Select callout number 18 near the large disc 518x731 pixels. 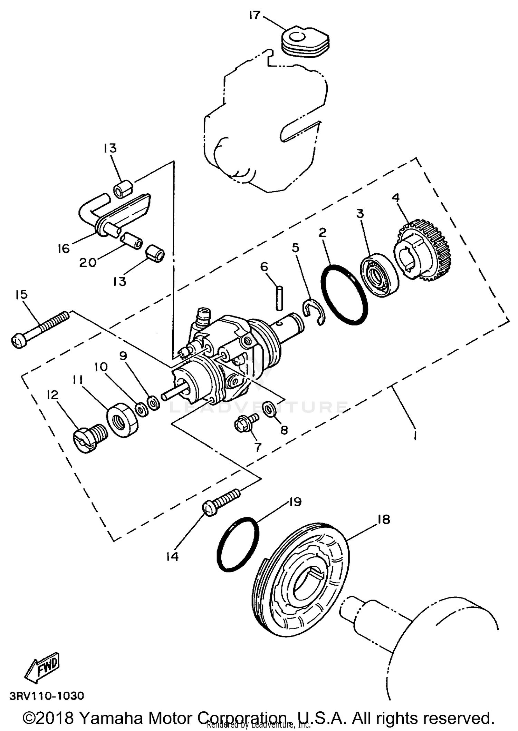click(383, 519)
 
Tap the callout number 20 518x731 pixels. click(88, 263)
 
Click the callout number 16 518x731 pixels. click(64, 248)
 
